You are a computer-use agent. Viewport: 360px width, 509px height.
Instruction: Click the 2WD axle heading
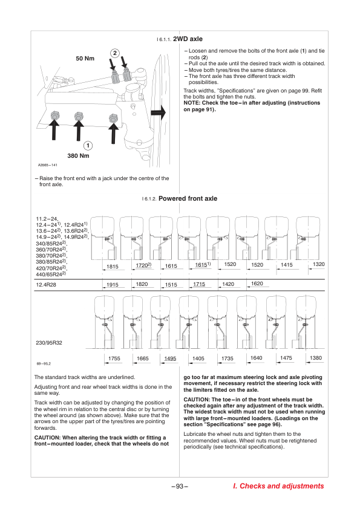(188, 39)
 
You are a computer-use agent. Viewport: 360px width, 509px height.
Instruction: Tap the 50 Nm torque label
(85, 59)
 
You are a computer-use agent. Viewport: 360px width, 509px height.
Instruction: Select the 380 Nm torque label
(78, 156)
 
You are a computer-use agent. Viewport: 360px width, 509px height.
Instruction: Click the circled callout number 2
(115, 53)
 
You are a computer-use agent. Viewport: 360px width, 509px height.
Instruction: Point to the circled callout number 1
(88, 146)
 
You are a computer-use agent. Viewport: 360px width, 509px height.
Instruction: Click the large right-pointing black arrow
(159, 112)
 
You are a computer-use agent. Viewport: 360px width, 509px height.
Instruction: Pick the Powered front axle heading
(188, 199)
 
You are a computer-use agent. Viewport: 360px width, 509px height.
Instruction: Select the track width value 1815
(113, 267)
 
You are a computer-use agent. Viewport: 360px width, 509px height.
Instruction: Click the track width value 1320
(319, 264)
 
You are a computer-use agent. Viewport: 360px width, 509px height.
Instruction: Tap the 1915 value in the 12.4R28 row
(113, 285)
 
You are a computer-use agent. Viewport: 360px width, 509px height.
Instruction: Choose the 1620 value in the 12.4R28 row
(257, 284)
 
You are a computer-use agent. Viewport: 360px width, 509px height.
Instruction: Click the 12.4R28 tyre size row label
(46, 285)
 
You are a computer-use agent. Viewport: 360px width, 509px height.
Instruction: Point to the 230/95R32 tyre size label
(49, 343)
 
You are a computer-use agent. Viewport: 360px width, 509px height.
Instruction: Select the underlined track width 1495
(170, 358)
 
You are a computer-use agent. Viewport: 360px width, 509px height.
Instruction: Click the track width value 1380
(316, 358)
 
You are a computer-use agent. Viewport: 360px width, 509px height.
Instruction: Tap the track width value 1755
(114, 358)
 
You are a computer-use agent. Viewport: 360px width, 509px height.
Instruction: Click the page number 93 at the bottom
(180, 486)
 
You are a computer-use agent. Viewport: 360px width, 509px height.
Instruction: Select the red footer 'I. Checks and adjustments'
(278, 486)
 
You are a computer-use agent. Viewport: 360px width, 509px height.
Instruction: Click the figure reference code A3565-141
(47, 165)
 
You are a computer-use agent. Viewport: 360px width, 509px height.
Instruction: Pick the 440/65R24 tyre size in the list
(51, 274)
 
